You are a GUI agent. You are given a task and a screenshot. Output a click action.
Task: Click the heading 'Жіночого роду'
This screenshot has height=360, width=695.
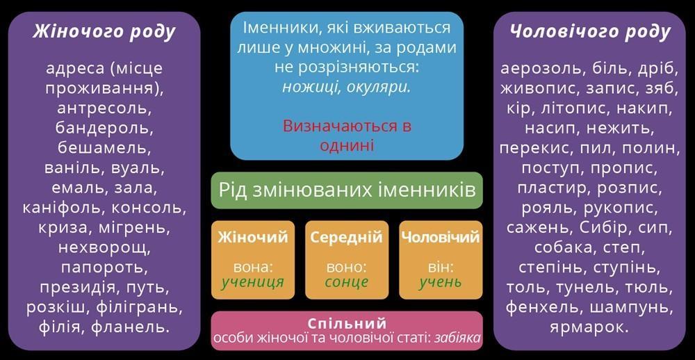104,33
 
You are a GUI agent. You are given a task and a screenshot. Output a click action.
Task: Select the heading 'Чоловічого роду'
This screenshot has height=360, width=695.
590,33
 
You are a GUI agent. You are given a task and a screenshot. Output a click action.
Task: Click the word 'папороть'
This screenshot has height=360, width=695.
104,268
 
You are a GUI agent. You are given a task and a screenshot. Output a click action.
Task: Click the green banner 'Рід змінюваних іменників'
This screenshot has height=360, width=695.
347,190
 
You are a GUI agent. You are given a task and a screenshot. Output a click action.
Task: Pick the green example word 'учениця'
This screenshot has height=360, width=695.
253,282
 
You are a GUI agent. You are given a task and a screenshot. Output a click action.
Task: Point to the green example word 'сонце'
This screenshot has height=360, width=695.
347,282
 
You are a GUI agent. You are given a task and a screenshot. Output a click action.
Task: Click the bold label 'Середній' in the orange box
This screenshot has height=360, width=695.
347,238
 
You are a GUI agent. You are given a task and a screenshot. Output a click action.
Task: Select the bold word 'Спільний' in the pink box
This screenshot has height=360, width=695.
347,322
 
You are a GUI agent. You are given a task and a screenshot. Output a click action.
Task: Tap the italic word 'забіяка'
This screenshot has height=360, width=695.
457,338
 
